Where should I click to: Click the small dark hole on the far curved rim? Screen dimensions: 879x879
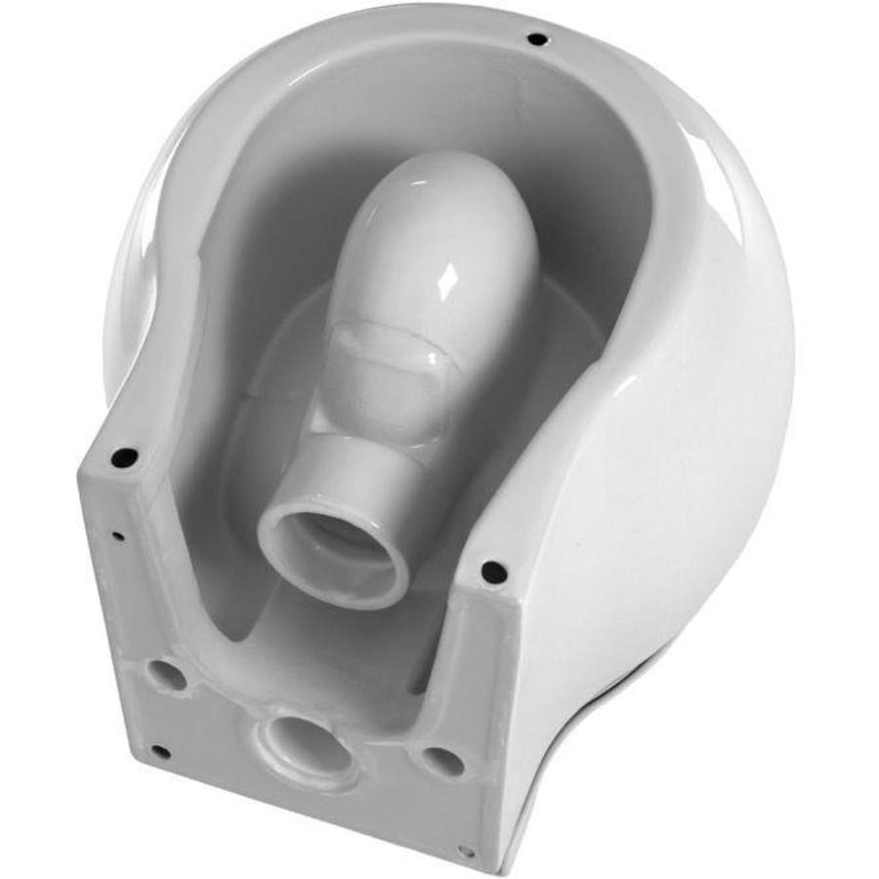coord(536,39)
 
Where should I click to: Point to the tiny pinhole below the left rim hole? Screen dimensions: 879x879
coord(117,535)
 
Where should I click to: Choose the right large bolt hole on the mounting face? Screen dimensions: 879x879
coord(441,761)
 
